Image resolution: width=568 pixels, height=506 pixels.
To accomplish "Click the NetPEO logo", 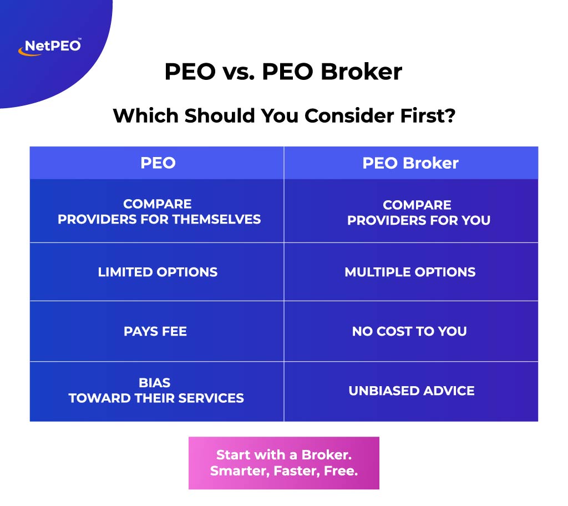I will [x=49, y=46].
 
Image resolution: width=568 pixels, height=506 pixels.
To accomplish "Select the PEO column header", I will [x=158, y=163].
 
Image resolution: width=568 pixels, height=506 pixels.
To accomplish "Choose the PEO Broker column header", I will [x=410, y=163].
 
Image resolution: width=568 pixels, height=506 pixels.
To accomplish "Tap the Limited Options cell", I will [x=158, y=272].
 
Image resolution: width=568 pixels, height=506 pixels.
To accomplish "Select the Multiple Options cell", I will [x=410, y=272].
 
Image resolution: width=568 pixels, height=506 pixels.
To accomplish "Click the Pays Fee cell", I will [x=155, y=331].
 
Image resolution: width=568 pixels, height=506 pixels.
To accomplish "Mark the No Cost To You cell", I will [x=409, y=331].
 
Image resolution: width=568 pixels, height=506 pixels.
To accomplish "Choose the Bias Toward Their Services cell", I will [x=156, y=390].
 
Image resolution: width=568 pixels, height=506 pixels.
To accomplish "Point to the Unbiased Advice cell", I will [x=412, y=391].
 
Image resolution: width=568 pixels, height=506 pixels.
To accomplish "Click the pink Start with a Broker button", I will [x=283, y=463].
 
